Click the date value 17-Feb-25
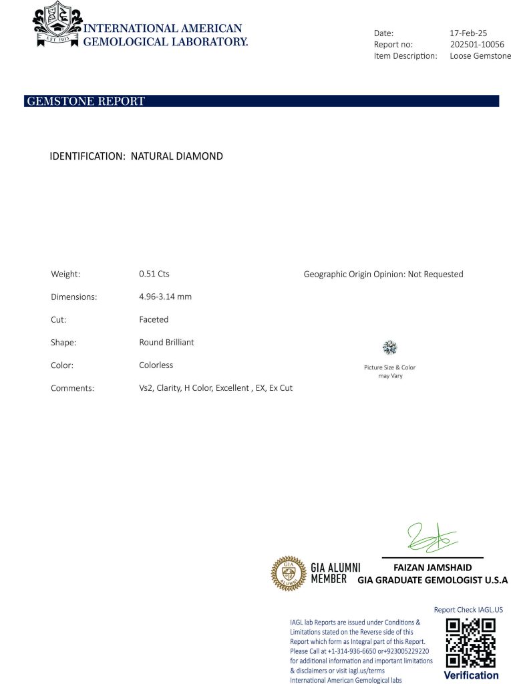coord(468,32)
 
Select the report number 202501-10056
coord(477,44)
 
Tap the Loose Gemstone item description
coord(480,56)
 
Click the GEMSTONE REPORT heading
coord(85,102)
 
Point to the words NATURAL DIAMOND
coord(176,156)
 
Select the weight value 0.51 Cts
coord(154,274)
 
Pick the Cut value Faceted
coord(154,319)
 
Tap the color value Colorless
coord(156,365)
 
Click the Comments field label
coord(72,388)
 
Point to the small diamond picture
coord(390,347)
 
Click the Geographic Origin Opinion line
coord(383,274)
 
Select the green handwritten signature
coord(431,538)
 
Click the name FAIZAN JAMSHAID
coord(432,568)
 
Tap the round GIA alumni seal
coord(288,573)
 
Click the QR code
coord(470,643)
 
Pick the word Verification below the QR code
coord(471,675)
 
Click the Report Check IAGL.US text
coord(468,609)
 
